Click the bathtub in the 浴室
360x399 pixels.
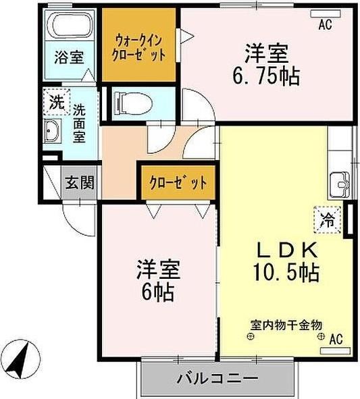tap(70, 28)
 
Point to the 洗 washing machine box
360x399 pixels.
tap(57, 103)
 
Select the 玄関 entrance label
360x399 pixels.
tap(79, 182)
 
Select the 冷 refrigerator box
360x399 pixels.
tap(327, 219)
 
